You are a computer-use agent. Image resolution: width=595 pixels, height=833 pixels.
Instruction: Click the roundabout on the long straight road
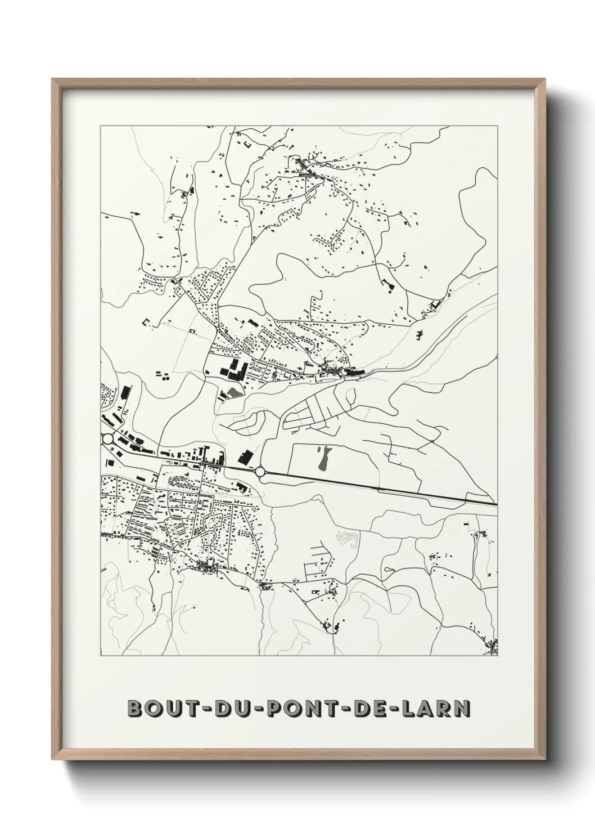(259, 471)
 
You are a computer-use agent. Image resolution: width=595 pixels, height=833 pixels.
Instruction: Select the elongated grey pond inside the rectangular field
(322, 459)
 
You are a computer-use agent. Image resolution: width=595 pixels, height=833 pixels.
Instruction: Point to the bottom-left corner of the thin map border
(101, 656)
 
